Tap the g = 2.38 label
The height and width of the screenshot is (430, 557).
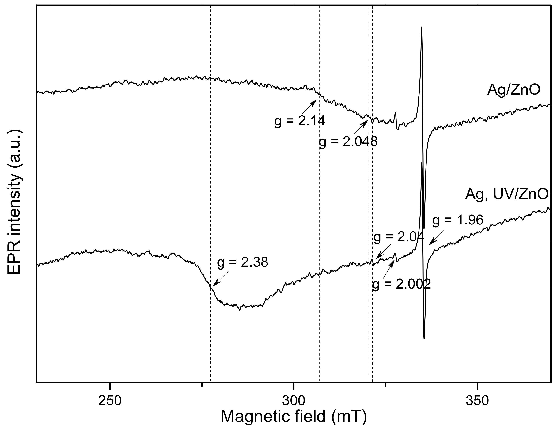pyautogui.click(x=243, y=262)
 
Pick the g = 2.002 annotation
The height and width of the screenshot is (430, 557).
pyautogui.click(x=401, y=284)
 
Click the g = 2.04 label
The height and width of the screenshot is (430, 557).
pyautogui.click(x=399, y=237)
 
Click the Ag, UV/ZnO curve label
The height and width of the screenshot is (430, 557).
pyautogui.click(x=506, y=195)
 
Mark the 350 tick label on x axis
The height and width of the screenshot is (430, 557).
pyautogui.click(x=477, y=401)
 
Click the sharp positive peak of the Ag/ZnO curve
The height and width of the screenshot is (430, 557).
pyautogui.click(x=422, y=28)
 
